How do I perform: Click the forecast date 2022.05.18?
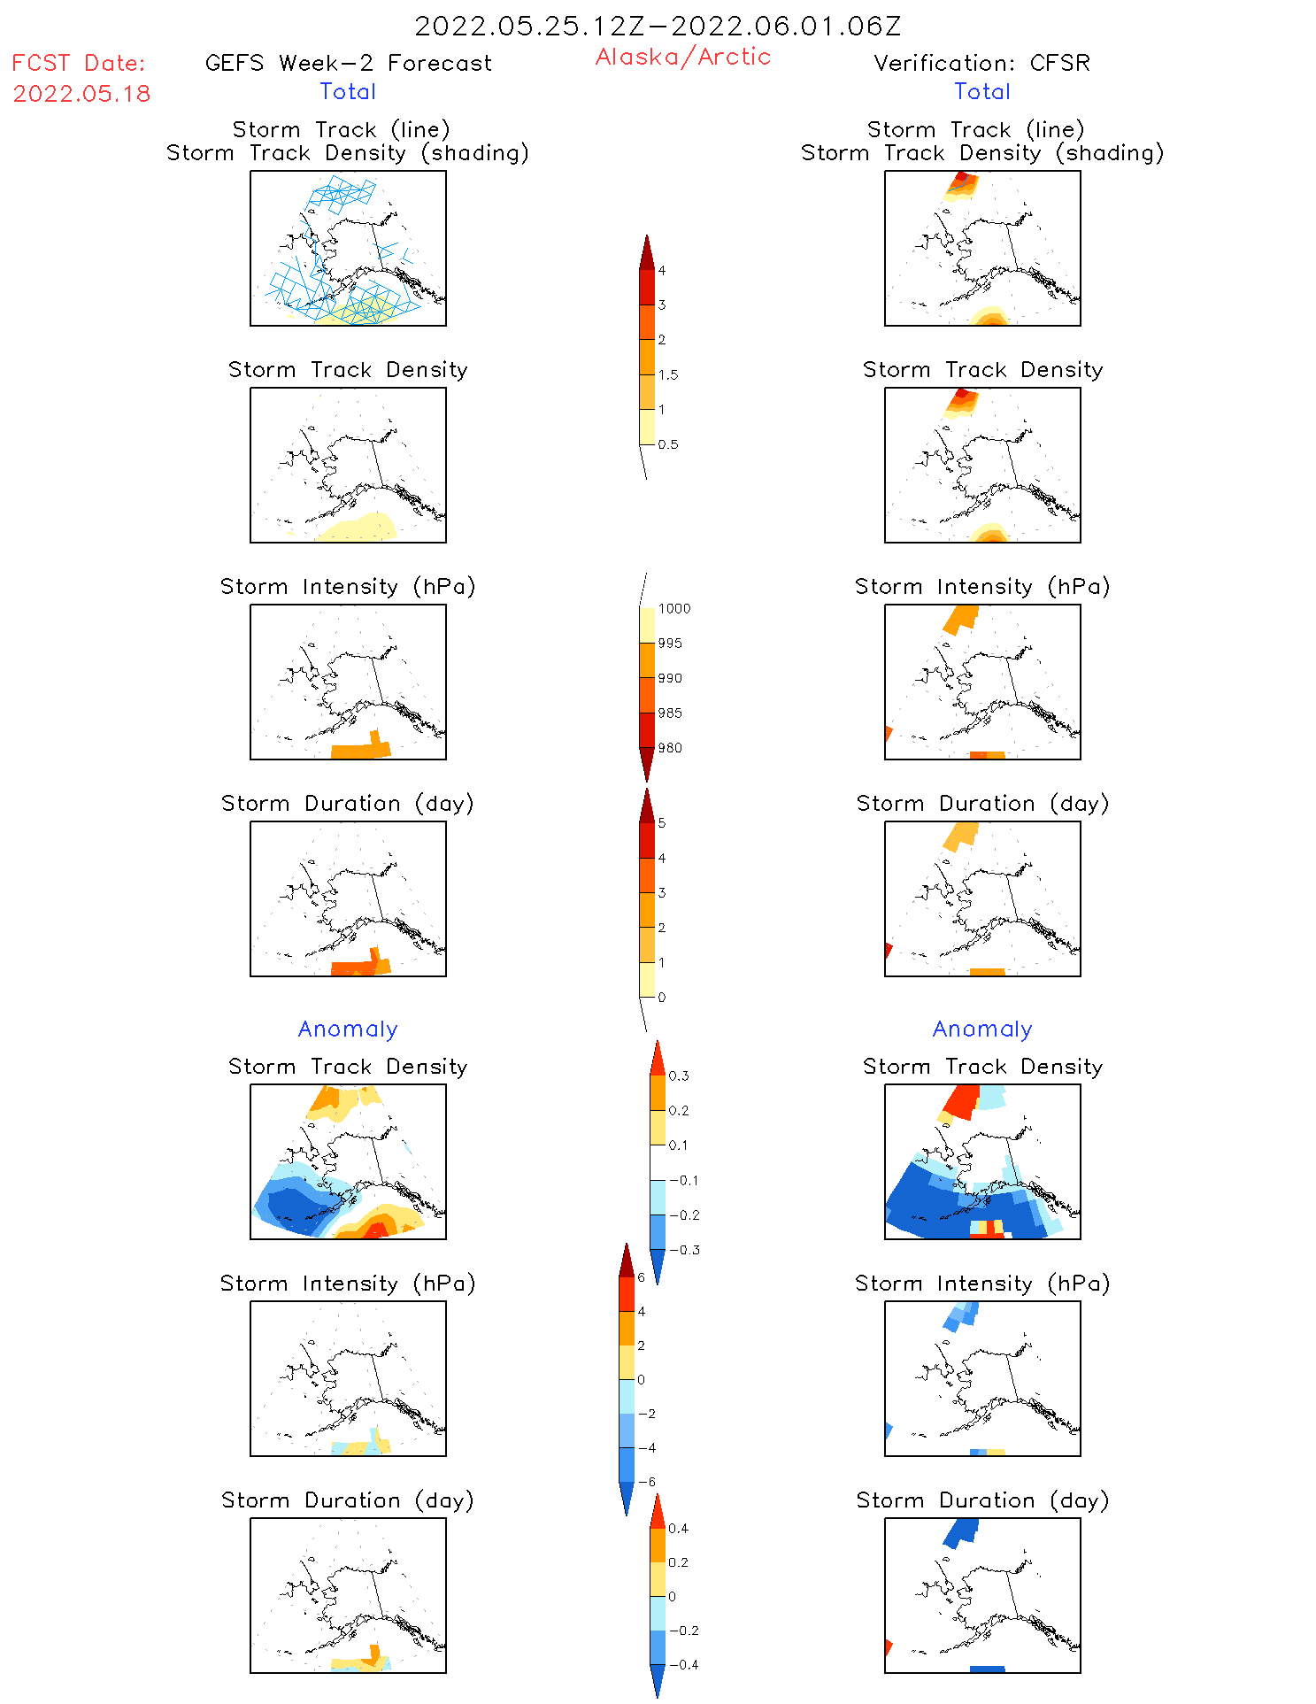coord(81,94)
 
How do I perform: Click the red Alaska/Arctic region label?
coord(682,57)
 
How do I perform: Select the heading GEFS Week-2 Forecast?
coord(348,63)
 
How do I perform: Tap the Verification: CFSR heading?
coord(981,63)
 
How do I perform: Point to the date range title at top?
coord(658,26)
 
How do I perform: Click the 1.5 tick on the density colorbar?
coord(668,374)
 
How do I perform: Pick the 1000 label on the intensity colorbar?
coord(673,608)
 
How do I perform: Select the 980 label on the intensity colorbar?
coord(670,748)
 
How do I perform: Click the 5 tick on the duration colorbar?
coord(661,823)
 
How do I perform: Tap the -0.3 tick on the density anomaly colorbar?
coord(684,1250)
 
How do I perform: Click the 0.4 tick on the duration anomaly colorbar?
coord(678,1528)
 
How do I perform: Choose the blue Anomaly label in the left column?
coord(348,1029)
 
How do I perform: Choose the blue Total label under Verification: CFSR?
coord(981,91)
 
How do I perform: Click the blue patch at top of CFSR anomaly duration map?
coord(961,1531)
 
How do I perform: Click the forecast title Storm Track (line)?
coord(342,129)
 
